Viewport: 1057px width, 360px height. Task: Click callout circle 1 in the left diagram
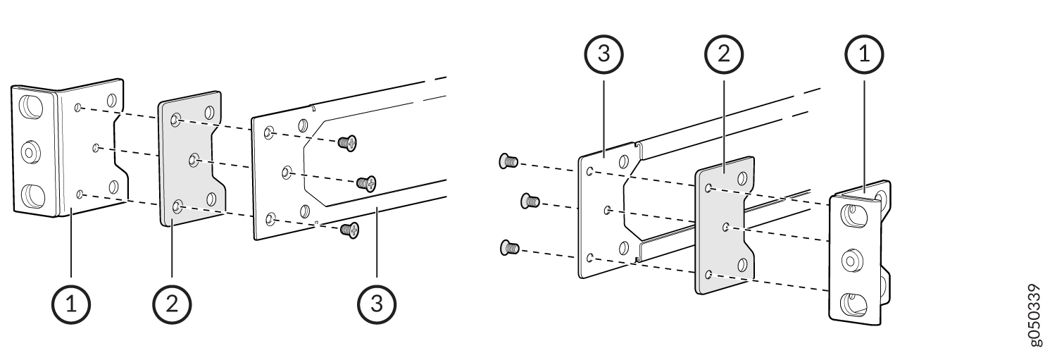coord(71,304)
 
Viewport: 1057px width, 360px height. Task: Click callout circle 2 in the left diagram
coord(172,304)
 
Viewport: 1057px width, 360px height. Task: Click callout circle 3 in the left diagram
coord(377,304)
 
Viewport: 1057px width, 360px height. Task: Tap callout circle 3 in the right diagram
coord(604,54)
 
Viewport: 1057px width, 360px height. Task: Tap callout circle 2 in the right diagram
coord(724,54)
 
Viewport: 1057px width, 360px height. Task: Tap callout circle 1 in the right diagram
coord(864,54)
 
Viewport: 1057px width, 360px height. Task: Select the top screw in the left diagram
coord(347,142)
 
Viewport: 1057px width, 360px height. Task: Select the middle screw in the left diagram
coord(366,182)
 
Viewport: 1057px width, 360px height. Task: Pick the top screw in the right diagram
coord(508,162)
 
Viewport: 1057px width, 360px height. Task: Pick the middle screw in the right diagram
coord(530,201)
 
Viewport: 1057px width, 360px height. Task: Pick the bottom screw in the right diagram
coord(509,247)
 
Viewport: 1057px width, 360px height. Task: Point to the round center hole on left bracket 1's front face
coord(30,152)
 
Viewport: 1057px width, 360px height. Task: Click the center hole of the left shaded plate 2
coord(194,161)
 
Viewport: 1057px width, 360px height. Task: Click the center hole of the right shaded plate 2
coord(725,228)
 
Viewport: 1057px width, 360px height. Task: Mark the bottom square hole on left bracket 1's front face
coord(32,195)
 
